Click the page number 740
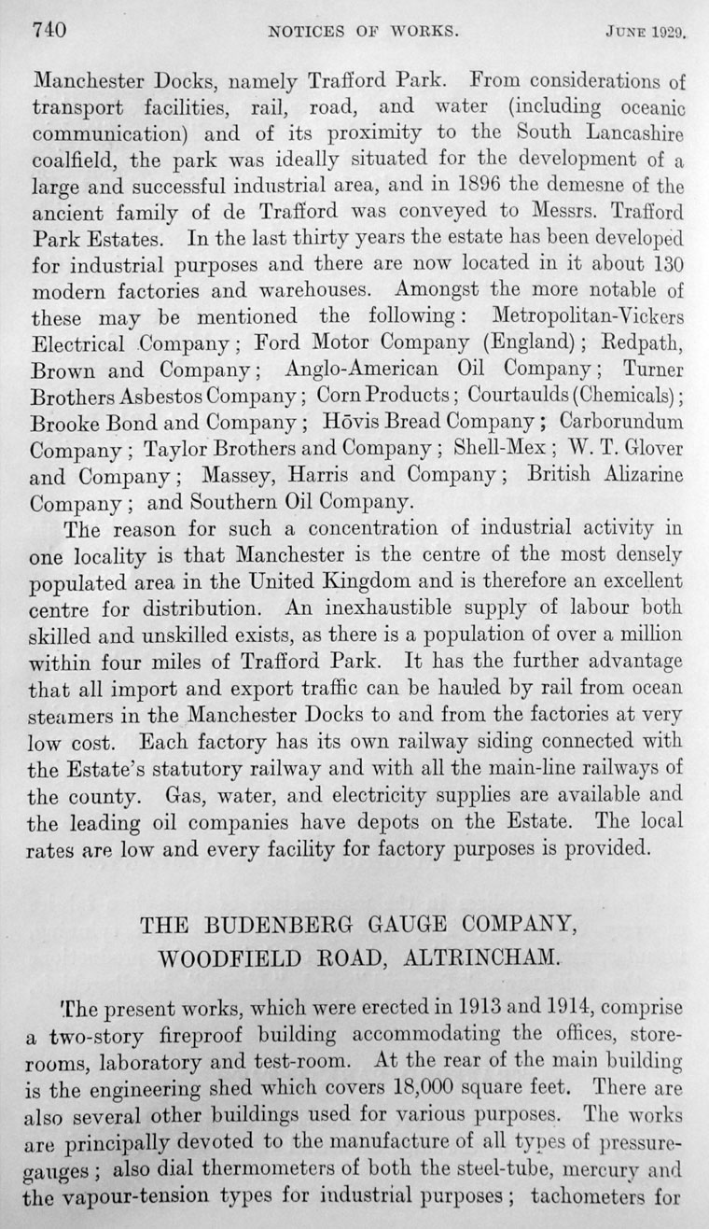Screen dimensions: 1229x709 49,30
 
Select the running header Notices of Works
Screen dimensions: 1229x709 363,31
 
